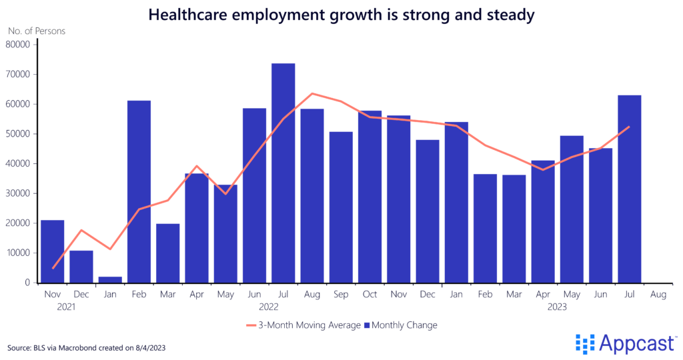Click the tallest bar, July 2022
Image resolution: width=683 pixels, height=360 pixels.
point(283,173)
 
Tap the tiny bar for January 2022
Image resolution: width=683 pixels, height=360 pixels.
point(110,279)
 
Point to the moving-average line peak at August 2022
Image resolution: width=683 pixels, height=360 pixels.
point(311,93)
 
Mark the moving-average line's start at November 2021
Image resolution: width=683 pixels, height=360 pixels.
point(52,268)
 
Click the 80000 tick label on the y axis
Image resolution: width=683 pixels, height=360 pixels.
point(18,45)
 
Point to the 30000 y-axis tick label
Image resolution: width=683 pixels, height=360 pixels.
point(18,193)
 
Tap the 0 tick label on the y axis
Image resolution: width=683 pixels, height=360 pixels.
point(27,283)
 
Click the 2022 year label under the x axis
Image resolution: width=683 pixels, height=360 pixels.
point(269,307)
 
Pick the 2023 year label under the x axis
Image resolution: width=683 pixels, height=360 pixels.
point(557,307)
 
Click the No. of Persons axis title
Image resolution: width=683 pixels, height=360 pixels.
point(37,31)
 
